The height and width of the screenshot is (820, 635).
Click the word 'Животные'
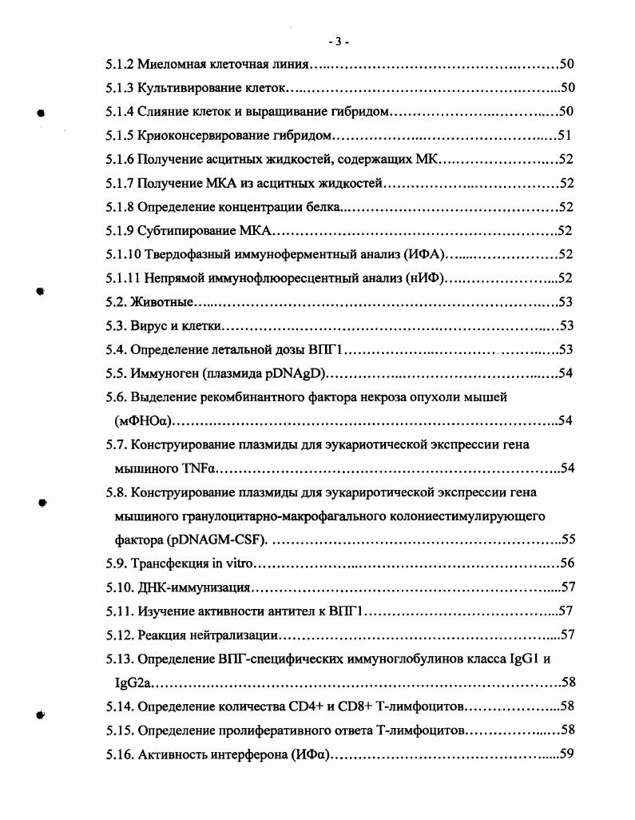pos(163,302)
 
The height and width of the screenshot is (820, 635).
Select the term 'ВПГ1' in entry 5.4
pos(326,350)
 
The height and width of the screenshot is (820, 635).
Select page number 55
pos(567,539)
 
